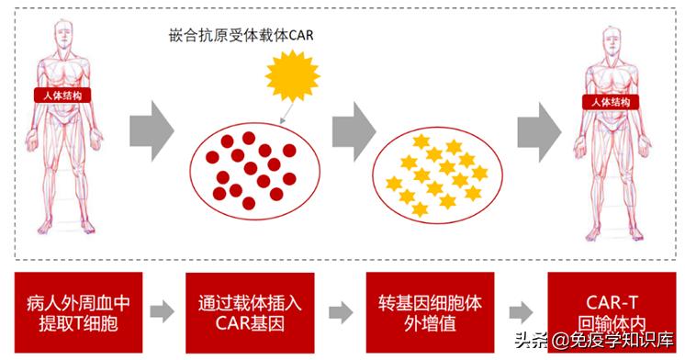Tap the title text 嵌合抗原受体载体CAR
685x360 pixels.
coord(237,35)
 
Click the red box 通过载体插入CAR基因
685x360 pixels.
coord(250,312)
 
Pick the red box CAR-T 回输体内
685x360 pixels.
coord(605,312)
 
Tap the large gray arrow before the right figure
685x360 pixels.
coord(538,124)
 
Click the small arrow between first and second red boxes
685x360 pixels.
coord(162,310)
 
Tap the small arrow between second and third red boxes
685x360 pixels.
coord(341,310)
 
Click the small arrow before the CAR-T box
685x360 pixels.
coord(521,310)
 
